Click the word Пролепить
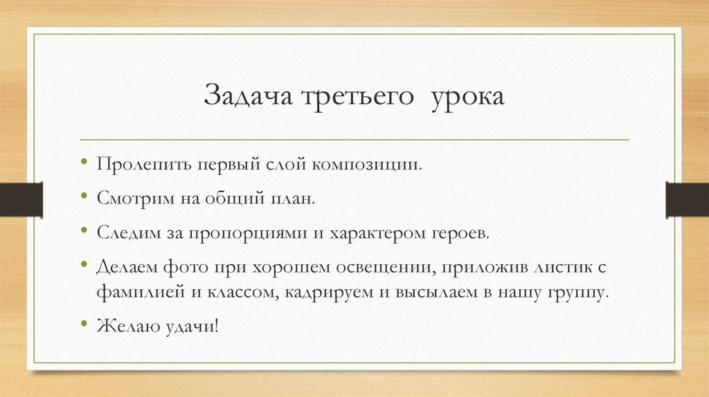pyautogui.click(x=143, y=167)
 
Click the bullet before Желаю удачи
pyautogui.click(x=84, y=323)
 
